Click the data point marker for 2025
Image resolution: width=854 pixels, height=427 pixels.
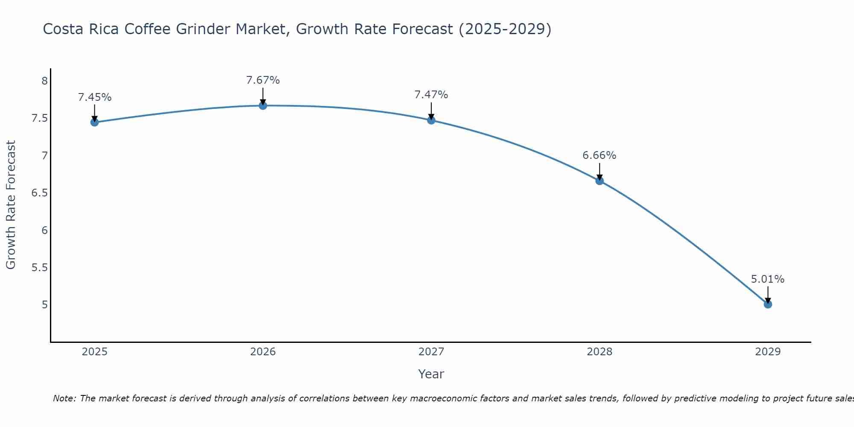click(x=94, y=123)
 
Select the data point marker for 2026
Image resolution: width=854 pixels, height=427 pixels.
click(x=263, y=105)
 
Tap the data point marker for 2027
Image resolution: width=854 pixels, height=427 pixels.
click(x=431, y=120)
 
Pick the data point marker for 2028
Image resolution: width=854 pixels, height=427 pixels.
click(x=600, y=181)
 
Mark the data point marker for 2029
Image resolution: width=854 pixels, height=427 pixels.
click(x=768, y=304)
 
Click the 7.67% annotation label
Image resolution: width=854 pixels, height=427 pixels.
click(x=263, y=80)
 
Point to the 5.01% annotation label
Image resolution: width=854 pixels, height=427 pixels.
click(x=768, y=279)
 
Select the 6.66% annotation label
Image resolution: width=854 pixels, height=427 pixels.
click(x=600, y=155)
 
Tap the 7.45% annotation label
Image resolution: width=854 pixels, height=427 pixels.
click(x=94, y=97)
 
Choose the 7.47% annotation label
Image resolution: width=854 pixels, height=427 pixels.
click(x=431, y=95)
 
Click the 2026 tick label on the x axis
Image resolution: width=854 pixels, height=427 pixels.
click(x=263, y=352)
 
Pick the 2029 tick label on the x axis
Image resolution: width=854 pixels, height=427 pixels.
click(x=768, y=352)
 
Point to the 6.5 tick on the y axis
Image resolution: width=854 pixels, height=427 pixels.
click(x=39, y=193)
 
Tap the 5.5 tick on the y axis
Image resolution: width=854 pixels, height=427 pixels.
click(x=39, y=268)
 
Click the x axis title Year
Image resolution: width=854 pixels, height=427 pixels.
click(x=431, y=374)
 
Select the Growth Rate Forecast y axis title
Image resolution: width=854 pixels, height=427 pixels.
click(x=11, y=205)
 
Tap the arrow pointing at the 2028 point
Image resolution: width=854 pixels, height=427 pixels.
click(x=600, y=172)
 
